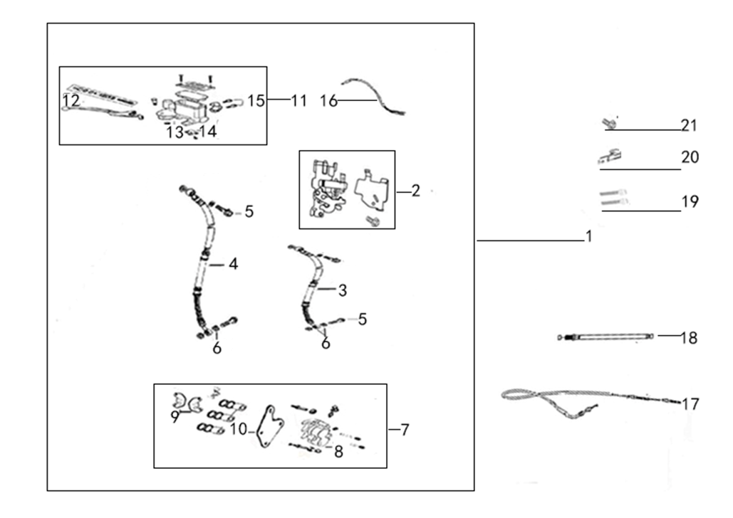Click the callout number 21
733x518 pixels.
pos(689,125)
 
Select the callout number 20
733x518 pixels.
pos(690,157)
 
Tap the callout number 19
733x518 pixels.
pos(690,201)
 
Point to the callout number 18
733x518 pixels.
pos(689,338)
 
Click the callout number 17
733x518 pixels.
pos(690,403)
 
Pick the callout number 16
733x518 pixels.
pos(328,100)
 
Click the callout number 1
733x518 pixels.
pos(589,236)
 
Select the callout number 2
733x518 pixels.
pos(415,191)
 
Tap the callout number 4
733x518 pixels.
pos(233,265)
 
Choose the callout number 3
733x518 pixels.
pos(343,290)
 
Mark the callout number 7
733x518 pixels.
pos(405,430)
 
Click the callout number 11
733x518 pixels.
pos(298,100)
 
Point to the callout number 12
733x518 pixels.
pos(71,100)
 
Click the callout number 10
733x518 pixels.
pos(239,429)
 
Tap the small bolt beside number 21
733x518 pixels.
pos(608,123)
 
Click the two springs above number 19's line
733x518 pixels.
pos(613,197)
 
